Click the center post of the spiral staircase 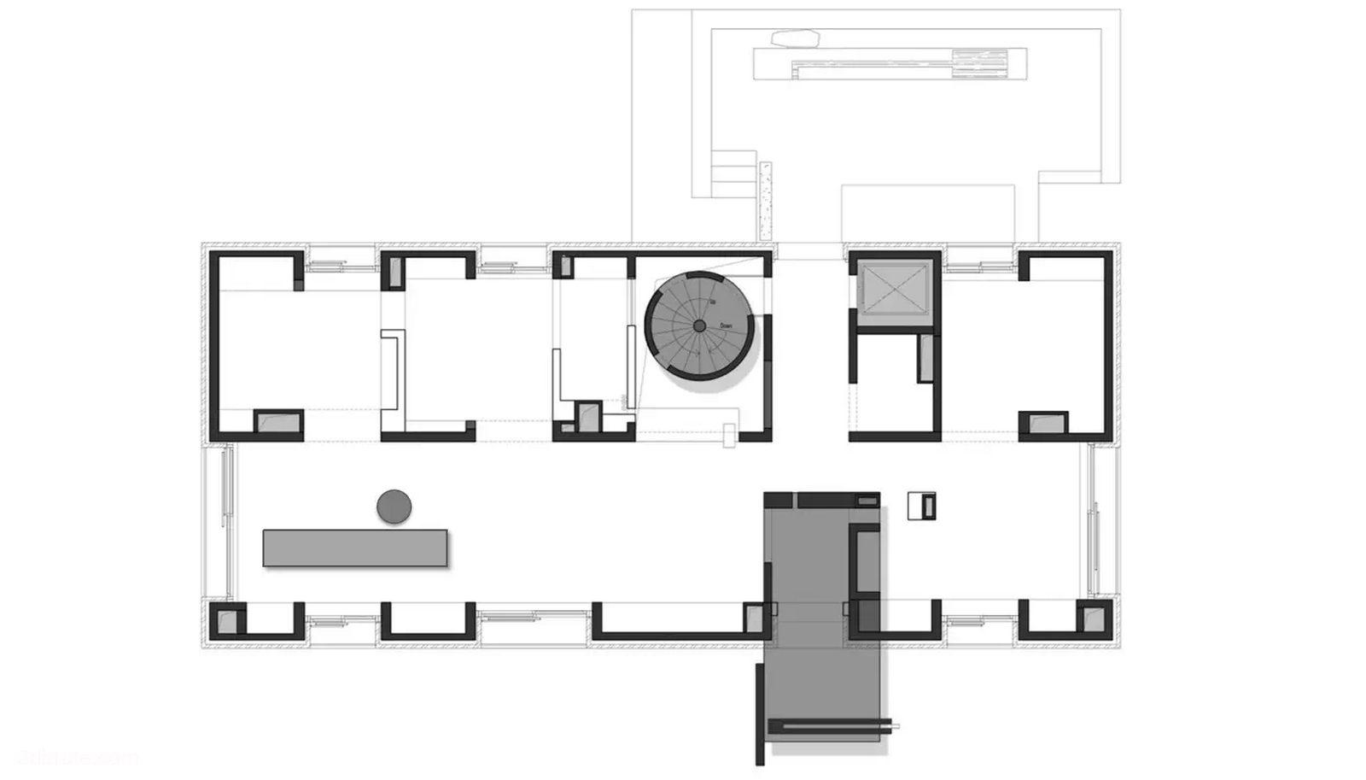[x=699, y=326]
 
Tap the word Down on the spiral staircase [x=726, y=325]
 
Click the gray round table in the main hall [x=394, y=507]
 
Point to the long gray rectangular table [x=354, y=548]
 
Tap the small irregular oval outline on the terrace [x=795, y=38]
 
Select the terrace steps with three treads [x=733, y=174]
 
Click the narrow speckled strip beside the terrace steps [x=765, y=201]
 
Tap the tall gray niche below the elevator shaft [x=925, y=359]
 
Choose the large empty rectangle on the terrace [x=927, y=214]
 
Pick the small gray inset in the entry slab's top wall [x=867, y=499]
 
